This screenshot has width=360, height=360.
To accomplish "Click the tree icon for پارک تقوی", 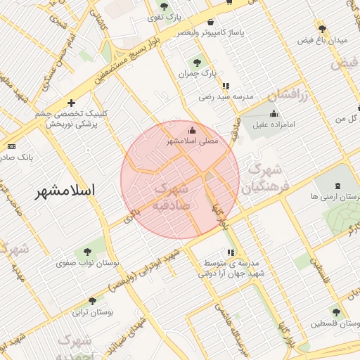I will coord(164,7).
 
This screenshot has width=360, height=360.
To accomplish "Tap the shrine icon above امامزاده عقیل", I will coord(274,113).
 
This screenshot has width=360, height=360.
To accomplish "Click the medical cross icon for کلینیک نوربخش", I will coord(71,103).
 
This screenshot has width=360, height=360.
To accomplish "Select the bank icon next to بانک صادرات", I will coord(11,146).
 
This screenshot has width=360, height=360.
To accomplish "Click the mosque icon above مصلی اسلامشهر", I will coord(193,130).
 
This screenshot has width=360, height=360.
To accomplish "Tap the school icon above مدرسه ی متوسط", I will coord(230,252).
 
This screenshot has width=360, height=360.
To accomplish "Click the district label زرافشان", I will coord(288,94).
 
